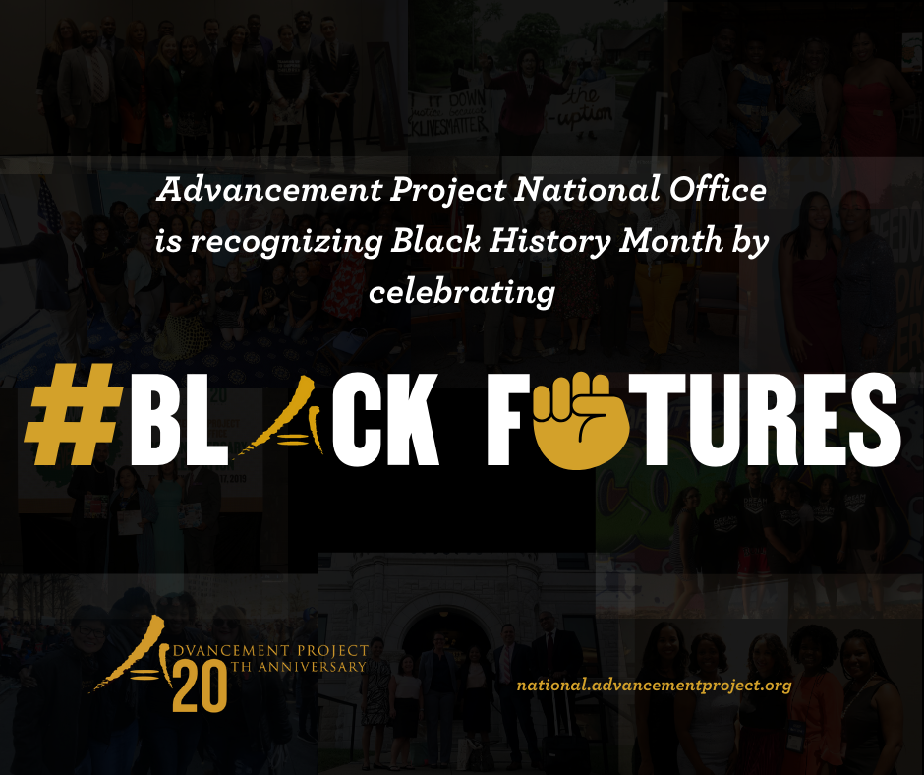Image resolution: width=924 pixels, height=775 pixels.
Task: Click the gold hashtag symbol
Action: (x=69, y=414)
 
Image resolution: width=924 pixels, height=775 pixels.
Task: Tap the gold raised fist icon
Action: (x=579, y=420)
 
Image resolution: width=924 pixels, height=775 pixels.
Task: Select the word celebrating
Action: (x=462, y=292)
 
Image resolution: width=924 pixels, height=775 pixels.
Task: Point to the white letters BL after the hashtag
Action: (x=178, y=419)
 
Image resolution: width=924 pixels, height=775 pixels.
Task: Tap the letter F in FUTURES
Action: (x=508, y=419)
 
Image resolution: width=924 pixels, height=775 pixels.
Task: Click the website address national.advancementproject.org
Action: (x=654, y=686)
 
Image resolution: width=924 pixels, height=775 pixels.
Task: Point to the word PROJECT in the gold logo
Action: (x=333, y=650)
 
